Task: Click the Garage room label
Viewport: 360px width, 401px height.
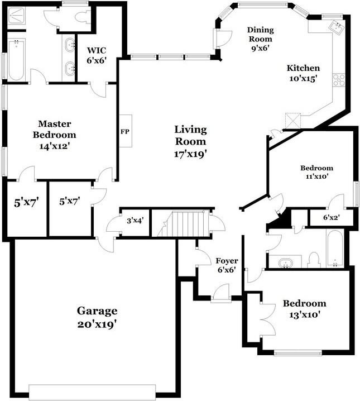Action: pos(97,317)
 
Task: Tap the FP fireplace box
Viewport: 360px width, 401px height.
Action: pos(125,132)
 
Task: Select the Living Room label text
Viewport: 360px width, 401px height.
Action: pos(190,142)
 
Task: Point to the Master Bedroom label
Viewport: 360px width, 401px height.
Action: pos(54,135)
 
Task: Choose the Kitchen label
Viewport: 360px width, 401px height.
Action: pos(303,73)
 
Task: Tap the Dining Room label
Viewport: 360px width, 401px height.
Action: pos(260,39)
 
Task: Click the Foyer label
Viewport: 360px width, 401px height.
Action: pos(227,264)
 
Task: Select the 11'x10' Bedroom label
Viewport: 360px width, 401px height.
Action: pos(316,171)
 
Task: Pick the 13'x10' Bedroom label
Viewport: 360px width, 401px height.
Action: pos(304,308)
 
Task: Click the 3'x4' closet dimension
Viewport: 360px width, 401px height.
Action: pos(135,221)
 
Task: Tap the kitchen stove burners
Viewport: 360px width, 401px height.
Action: pos(338,80)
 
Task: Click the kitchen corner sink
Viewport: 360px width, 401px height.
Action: pos(337,27)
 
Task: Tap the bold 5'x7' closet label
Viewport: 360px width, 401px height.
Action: pos(26,202)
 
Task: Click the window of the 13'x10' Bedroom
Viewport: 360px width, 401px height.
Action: pos(297,352)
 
